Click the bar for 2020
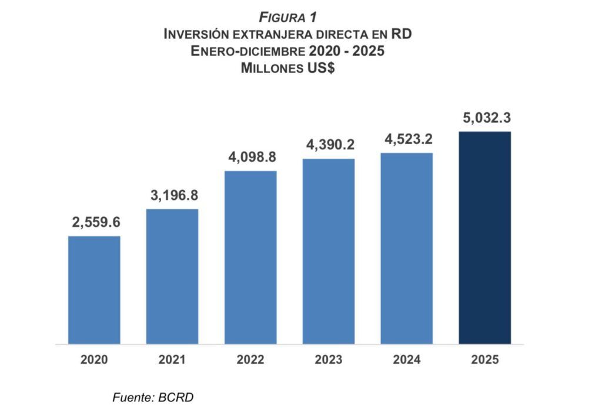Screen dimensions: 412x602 tap(94, 290)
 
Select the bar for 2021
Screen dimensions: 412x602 tap(172, 276)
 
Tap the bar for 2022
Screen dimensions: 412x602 tap(250, 257)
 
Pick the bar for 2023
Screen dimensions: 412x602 tap(329, 252)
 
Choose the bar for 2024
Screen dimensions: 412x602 tap(407, 249)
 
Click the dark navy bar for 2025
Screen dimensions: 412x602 tap(485, 237)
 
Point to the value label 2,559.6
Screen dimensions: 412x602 tap(94, 223)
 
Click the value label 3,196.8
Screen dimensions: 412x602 tap(172, 196)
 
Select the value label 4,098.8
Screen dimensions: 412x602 tap(251, 158)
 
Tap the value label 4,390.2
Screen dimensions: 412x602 tap(329, 145)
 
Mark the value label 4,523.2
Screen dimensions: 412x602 tap(407, 139)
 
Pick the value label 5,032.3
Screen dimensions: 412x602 tap(486, 118)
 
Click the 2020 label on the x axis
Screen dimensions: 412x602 tap(94, 360)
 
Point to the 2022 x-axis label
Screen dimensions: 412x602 tap(250, 360)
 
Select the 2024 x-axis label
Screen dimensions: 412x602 tap(407, 360)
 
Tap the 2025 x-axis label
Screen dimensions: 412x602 tap(485, 360)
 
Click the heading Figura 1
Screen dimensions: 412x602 tap(287, 18)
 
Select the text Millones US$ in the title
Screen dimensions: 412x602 tap(287, 68)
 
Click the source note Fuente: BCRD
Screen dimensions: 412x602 tap(153, 397)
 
